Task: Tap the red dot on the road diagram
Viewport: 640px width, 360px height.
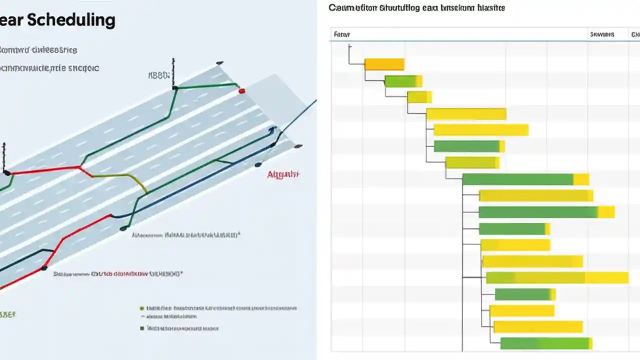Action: click(242, 91)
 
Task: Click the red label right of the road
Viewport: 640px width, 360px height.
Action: click(283, 174)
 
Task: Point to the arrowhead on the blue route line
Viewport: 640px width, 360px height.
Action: click(272, 130)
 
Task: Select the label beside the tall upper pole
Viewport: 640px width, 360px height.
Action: click(159, 76)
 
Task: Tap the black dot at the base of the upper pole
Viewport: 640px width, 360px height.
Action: click(174, 88)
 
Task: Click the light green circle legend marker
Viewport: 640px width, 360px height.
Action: click(142, 308)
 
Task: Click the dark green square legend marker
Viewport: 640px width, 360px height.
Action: click(142, 328)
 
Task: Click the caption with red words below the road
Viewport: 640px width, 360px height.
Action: click(117, 274)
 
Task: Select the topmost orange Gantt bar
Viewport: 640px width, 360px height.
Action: click(384, 64)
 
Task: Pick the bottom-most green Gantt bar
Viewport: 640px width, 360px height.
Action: click(545, 343)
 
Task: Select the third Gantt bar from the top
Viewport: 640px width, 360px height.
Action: click(419, 97)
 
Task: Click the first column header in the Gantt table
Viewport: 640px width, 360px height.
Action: click(342, 34)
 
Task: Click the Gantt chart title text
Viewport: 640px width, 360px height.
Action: click(416, 8)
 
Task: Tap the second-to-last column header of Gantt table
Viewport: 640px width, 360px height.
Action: click(601, 34)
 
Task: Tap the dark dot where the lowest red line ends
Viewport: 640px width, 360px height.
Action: click(44, 268)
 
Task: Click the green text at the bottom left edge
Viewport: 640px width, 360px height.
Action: click(7, 314)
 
